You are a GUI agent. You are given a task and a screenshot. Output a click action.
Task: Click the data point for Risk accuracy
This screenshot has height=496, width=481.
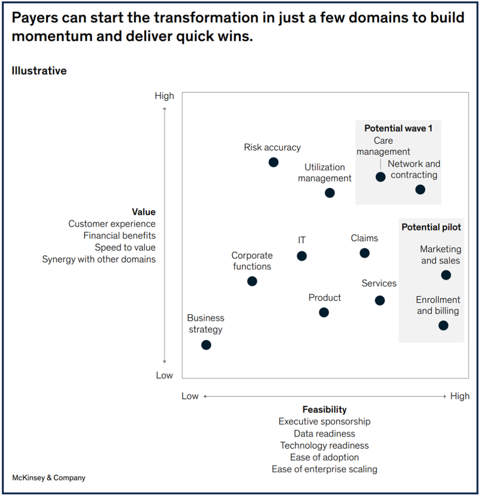pyautogui.click(x=273, y=162)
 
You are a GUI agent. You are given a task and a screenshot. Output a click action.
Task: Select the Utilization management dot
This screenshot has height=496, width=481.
pyautogui.click(x=330, y=193)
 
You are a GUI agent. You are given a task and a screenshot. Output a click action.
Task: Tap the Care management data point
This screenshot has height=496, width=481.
pyautogui.click(x=380, y=177)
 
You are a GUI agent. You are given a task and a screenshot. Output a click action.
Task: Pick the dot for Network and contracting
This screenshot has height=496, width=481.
pyautogui.click(x=420, y=190)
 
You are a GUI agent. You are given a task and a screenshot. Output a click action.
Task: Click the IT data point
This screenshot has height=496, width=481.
pyautogui.click(x=302, y=256)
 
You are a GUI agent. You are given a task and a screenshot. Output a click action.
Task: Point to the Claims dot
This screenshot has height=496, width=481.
pyautogui.click(x=364, y=253)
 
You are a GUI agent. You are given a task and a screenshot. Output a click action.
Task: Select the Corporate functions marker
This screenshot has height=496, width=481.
pyautogui.click(x=252, y=281)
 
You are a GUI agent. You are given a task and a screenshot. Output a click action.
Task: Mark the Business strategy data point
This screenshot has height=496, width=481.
pyautogui.click(x=206, y=345)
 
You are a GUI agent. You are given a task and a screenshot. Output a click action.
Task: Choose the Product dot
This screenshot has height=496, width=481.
pyautogui.click(x=324, y=312)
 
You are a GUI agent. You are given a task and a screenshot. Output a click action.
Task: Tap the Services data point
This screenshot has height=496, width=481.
pyautogui.click(x=379, y=300)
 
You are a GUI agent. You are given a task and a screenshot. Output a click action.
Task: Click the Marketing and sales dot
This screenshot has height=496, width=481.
pyautogui.click(x=446, y=275)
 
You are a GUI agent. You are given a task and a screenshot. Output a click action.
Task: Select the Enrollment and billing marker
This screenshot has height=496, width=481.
pyautogui.click(x=443, y=325)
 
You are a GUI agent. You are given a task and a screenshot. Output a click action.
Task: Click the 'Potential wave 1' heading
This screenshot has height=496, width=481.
pyautogui.click(x=398, y=129)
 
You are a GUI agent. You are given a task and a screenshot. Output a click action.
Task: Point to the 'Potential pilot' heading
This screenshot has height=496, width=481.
pyautogui.click(x=431, y=227)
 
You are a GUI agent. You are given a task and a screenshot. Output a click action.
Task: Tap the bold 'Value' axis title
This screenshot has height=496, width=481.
pyautogui.click(x=143, y=212)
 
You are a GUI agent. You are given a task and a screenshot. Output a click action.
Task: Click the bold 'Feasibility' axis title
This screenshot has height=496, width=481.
pyautogui.click(x=324, y=410)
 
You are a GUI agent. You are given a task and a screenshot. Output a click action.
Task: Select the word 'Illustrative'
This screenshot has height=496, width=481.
pyautogui.click(x=39, y=71)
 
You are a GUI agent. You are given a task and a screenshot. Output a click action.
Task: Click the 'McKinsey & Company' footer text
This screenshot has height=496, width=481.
pyautogui.click(x=49, y=478)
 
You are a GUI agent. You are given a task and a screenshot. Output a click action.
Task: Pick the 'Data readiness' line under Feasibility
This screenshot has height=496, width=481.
pyautogui.click(x=324, y=433)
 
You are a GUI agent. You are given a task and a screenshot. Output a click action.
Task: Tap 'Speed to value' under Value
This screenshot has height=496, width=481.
pyautogui.click(x=125, y=248)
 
